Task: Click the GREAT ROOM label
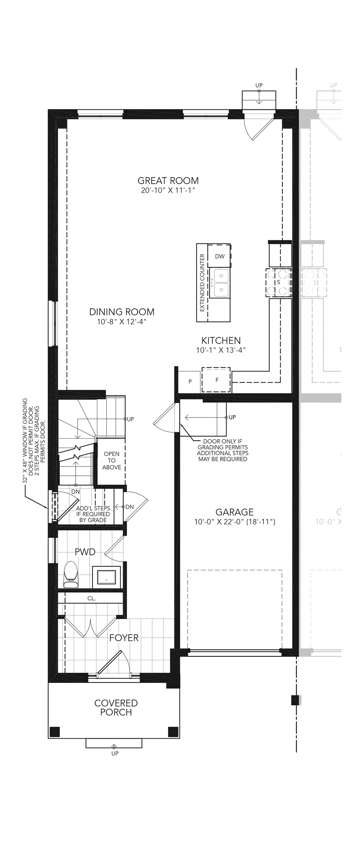tap(168, 181)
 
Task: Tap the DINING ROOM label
tap(122, 312)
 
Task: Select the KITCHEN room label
tap(221, 341)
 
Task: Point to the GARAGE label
tap(235, 512)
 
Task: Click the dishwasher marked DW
tap(219, 256)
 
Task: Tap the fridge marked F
tap(216, 380)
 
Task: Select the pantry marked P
tap(189, 382)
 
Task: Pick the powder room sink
tap(106, 577)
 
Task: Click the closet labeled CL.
tap(92, 598)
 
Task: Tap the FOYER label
tap(124, 638)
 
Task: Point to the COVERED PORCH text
tap(116, 708)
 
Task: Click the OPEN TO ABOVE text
tap(112, 461)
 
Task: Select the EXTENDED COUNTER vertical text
tap(202, 283)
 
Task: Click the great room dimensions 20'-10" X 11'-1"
tap(168, 190)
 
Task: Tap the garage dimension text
tap(235, 522)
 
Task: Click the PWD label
tap(85, 552)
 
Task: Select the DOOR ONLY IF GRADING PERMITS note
tap(223, 450)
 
